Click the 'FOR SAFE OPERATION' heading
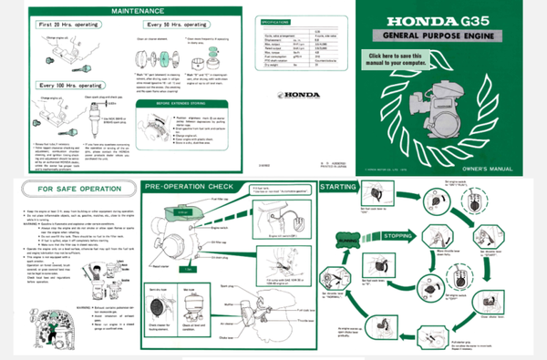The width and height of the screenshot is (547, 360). point(73,190)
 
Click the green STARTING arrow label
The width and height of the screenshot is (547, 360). point(345,188)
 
